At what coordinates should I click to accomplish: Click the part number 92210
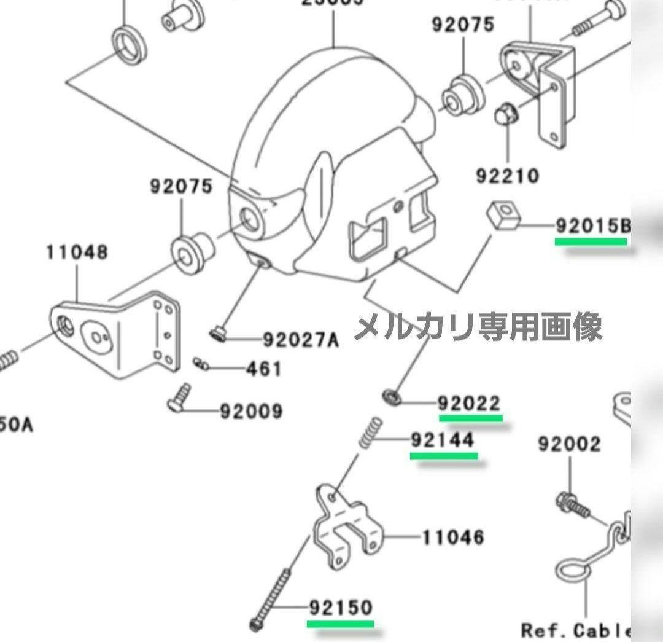[x=508, y=176]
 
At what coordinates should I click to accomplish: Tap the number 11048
[x=77, y=252]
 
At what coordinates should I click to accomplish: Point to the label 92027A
[x=301, y=340]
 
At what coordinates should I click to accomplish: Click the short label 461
[x=263, y=369]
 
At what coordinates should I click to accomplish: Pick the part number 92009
[x=251, y=410]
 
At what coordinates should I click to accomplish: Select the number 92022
[x=469, y=404]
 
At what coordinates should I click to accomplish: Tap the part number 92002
[x=569, y=444]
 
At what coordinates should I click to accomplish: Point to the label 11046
[x=453, y=538]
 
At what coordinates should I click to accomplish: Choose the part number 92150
[x=341, y=608]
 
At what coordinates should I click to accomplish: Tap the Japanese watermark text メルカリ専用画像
[x=478, y=327]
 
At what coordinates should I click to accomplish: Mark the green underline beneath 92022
[x=471, y=418]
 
